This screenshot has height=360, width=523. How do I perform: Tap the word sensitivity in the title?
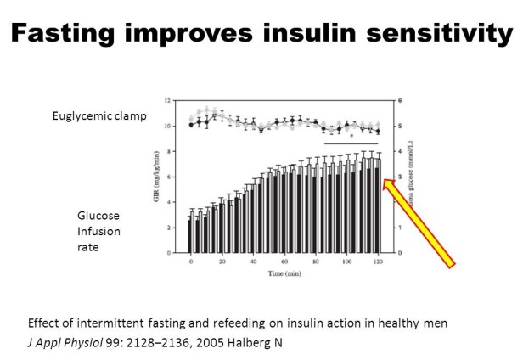click(x=444, y=33)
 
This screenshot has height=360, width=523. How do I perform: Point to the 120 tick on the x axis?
click(x=377, y=261)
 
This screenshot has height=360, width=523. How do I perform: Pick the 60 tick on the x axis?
click(x=283, y=261)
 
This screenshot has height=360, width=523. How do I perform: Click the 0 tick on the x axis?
click(x=190, y=261)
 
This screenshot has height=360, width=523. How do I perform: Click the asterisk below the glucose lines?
click(x=351, y=136)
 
